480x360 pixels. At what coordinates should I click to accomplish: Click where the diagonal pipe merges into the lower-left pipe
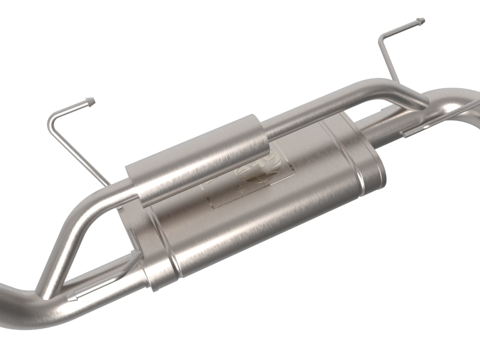pos(48,294)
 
